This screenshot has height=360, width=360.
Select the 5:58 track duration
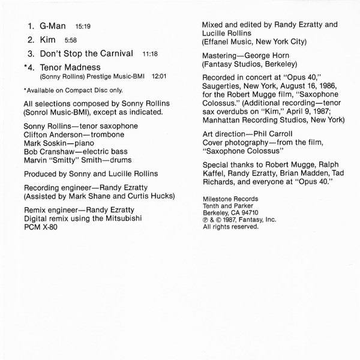(x=70, y=41)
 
